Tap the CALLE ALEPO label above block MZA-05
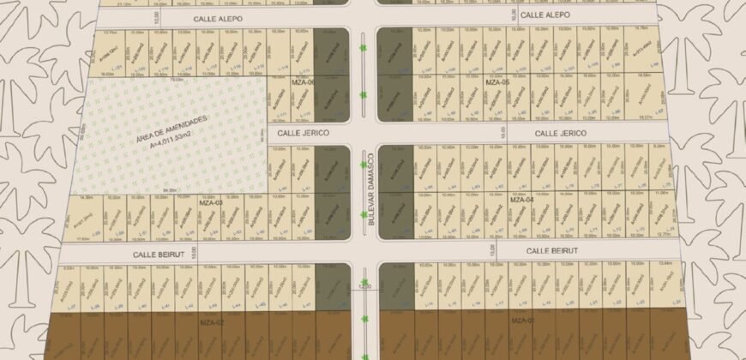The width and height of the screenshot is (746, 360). pos(545,15)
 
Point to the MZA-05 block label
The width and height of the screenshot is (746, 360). pos(498,83)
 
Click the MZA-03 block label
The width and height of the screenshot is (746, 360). pos(211,203)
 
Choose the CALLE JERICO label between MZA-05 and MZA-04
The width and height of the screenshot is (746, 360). pos(560,134)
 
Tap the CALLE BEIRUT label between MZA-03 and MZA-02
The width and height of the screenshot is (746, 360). pos(160,255)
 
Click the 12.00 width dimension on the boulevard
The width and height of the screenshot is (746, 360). pos(364,287)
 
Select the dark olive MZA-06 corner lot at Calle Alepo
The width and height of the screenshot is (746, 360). pos(330,51)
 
